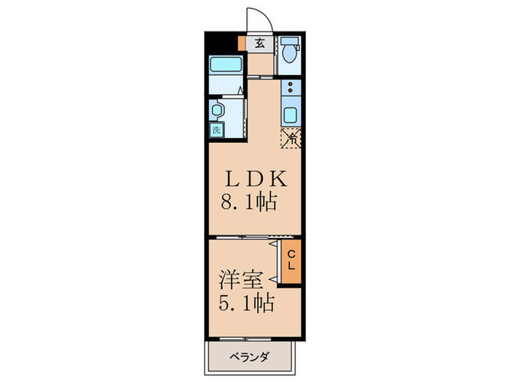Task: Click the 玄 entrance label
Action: pos(260,43)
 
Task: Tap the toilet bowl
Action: pos(289,55)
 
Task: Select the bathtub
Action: pos(226,63)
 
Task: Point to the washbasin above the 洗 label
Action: pos(216,109)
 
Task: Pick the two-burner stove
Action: pos(290,89)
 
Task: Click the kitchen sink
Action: pos(290,115)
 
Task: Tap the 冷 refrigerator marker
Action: pos(290,136)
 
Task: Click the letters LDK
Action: pos(248,179)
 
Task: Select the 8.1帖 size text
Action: pos(248,202)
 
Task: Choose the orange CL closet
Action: pos(291,260)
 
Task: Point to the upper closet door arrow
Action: pos(275,249)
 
